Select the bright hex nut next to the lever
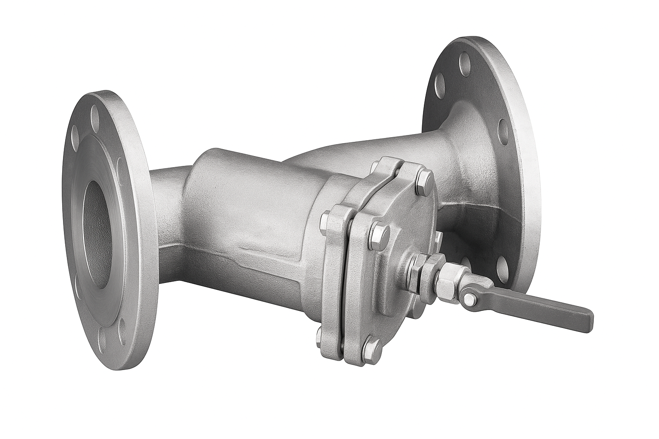coord(449,279)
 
